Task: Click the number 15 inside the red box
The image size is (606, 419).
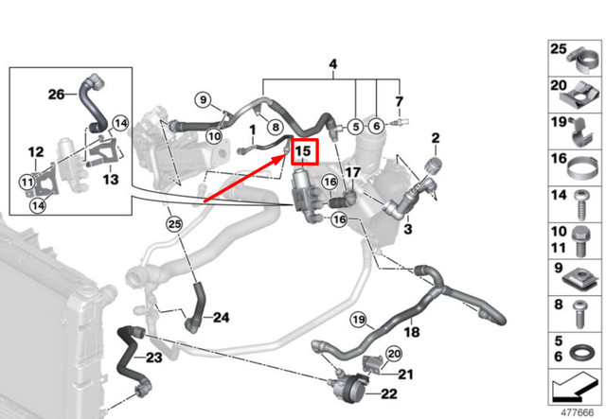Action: coord(304,150)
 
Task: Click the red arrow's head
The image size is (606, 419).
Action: coord(286,158)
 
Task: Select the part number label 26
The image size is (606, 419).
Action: coord(57,93)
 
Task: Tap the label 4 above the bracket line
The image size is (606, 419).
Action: coord(332,64)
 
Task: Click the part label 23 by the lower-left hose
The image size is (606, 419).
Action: coord(153,358)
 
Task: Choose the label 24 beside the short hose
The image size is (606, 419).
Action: coord(221,317)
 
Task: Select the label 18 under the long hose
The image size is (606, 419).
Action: coord(413,333)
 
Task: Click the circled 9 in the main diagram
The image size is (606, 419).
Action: coord(202,99)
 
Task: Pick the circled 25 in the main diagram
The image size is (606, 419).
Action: coord(173,224)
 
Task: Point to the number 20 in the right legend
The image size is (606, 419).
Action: coord(559,86)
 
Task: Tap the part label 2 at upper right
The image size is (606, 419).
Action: coord(435,140)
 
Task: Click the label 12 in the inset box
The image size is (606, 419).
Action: coord(35,151)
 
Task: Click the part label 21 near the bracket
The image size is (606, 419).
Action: coord(407,375)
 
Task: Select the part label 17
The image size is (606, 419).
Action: coord(353,172)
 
